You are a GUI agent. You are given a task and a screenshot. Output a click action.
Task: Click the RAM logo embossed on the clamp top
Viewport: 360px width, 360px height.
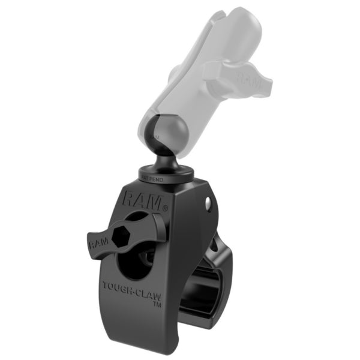(143, 199)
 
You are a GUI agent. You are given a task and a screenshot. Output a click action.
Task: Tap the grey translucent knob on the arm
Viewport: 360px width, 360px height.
(237, 75)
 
